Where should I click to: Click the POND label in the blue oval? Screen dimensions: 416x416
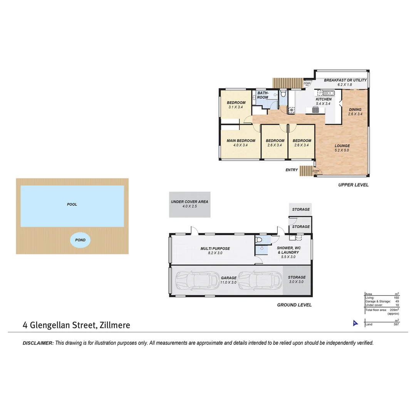80,240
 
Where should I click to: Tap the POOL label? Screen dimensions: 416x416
72,205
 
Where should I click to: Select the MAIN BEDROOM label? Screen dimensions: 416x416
240,141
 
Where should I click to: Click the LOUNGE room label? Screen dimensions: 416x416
342,146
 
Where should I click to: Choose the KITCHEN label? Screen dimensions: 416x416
323,99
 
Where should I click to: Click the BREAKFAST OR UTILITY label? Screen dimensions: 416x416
345,80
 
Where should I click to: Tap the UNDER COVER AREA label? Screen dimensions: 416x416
190,202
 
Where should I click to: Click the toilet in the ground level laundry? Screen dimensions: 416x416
260,240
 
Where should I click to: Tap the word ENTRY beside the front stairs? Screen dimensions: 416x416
292,170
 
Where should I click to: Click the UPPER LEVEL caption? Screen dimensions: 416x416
353,185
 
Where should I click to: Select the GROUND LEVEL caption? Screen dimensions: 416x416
294,305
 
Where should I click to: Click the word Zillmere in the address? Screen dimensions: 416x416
114,325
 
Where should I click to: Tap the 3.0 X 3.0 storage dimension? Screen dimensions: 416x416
297,282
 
